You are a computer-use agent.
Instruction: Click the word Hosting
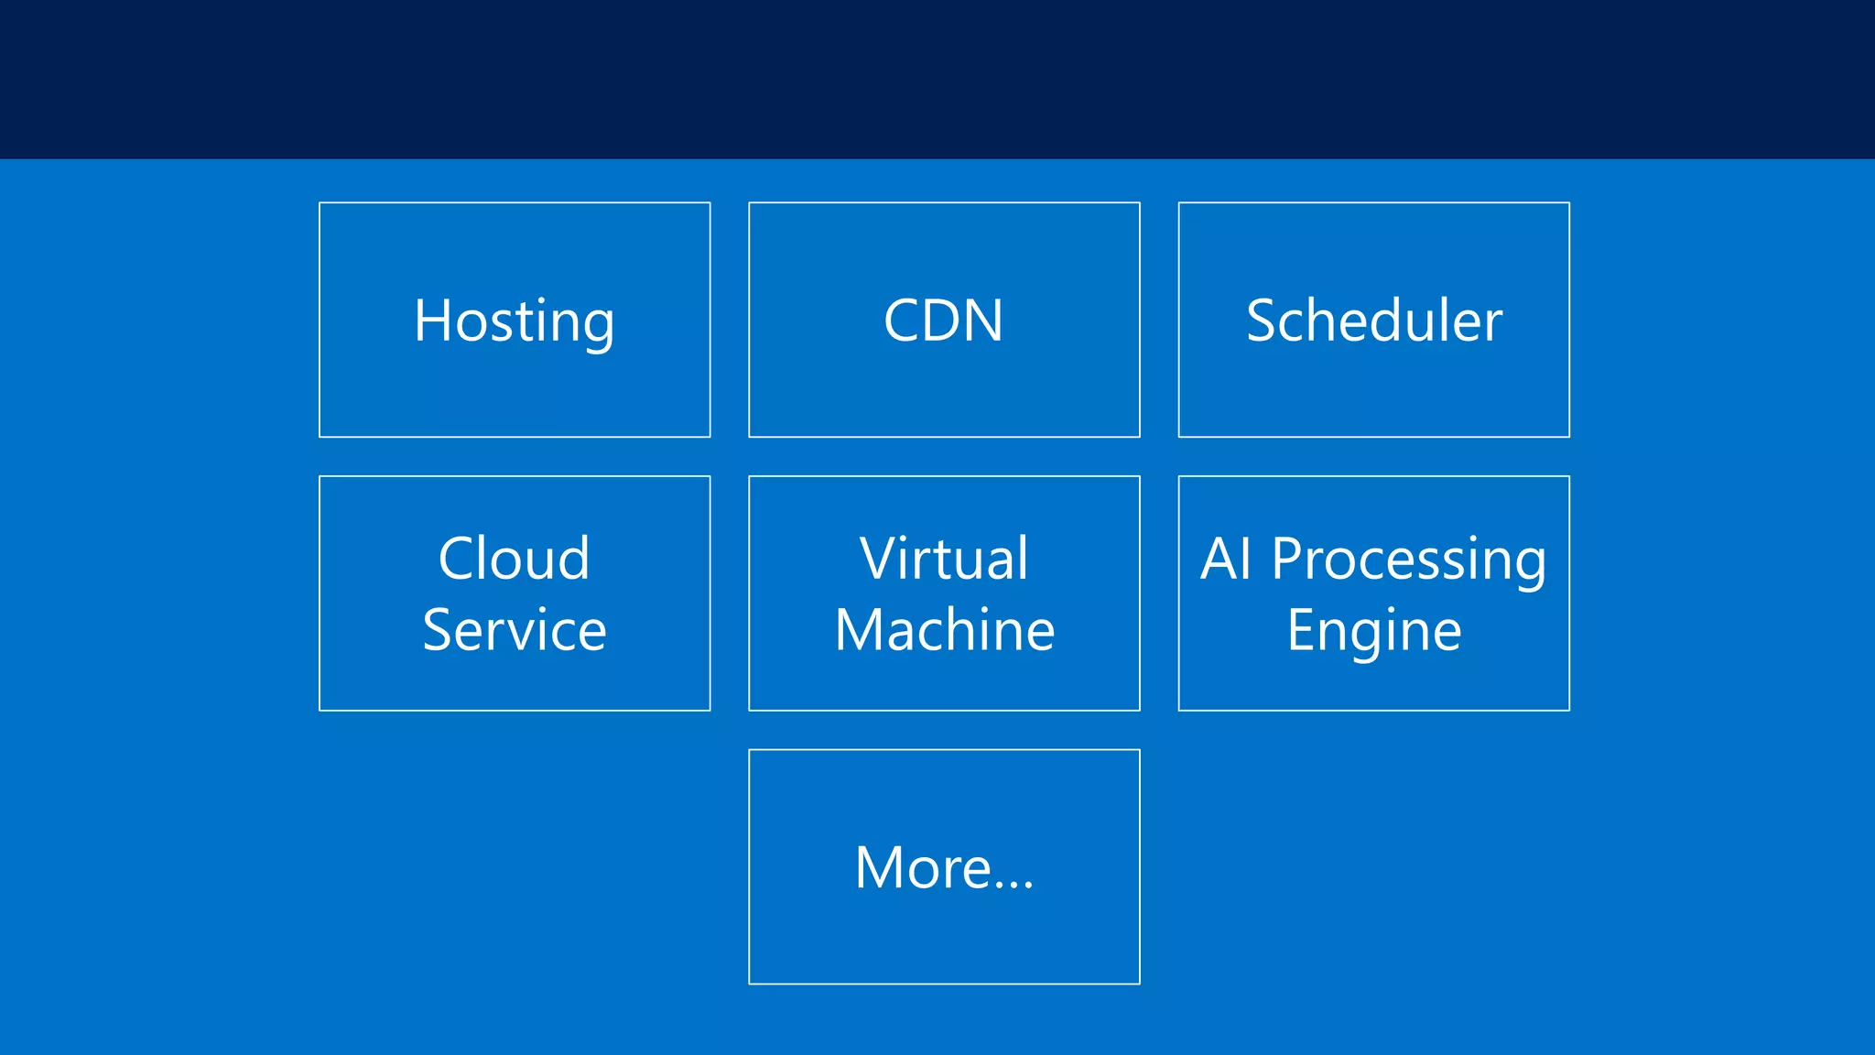(514, 321)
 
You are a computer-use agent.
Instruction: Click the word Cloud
(514, 559)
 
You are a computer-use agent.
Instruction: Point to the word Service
(514, 630)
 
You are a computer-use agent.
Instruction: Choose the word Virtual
(944, 559)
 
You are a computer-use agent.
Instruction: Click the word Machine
(944, 630)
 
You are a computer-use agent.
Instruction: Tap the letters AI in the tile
(1226, 559)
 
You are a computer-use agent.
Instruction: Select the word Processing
(1408, 560)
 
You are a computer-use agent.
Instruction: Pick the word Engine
(1373, 632)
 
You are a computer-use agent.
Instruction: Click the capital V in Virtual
(878, 559)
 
